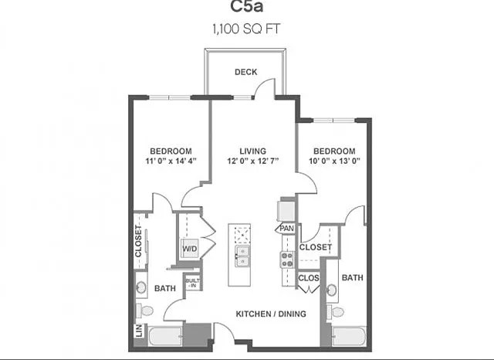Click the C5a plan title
[247, 6]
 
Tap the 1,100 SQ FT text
[246, 29]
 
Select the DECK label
[245, 72]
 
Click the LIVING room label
[252, 151]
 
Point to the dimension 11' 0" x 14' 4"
[171, 161]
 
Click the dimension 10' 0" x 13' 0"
[334, 161]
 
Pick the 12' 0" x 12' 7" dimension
[253, 161]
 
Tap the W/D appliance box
[189, 249]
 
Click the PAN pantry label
[286, 228]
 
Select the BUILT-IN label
[192, 283]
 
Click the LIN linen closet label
[139, 331]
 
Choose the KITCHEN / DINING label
[271, 314]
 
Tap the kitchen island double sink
[242, 256]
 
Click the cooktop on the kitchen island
[242, 234]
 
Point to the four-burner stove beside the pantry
[287, 260]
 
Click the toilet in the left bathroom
[144, 311]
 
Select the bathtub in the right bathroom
[350, 336]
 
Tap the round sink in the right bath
[331, 290]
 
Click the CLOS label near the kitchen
[309, 278]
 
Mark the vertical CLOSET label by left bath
[139, 241]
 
